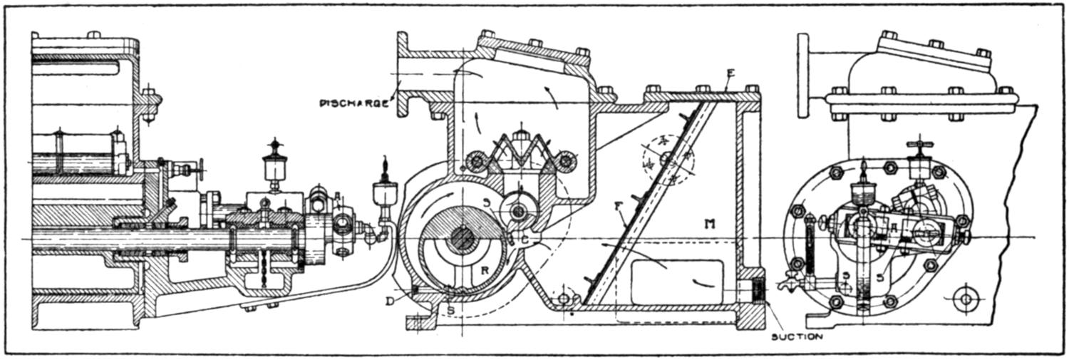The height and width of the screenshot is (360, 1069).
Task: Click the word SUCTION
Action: (797, 336)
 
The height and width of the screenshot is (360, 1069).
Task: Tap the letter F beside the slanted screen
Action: (618, 207)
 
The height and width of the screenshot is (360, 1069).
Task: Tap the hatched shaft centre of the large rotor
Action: (463, 238)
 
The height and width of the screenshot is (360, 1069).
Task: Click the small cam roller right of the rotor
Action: (519, 212)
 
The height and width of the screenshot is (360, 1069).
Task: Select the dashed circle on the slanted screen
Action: (668, 160)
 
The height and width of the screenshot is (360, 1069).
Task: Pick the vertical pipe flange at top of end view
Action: (804, 74)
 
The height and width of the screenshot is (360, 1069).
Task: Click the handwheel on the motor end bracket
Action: (202, 170)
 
